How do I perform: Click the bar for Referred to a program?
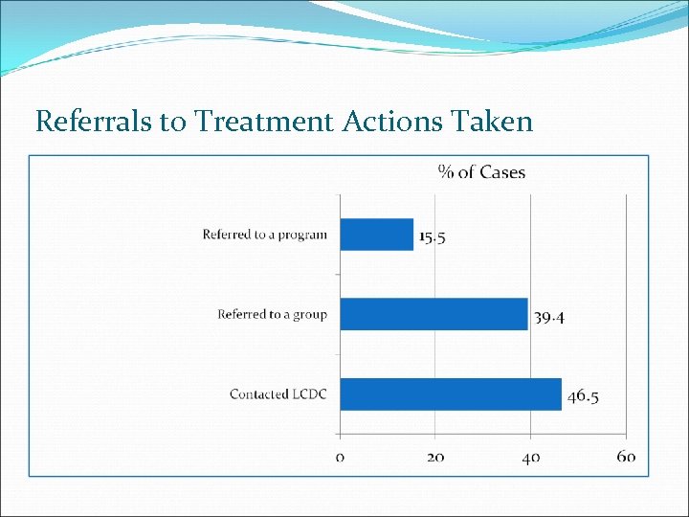point(377,235)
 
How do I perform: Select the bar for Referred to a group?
point(433,314)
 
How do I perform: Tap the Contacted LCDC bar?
point(451,394)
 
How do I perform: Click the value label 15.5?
point(433,237)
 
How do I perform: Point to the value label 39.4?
point(548,317)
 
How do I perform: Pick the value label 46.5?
point(582,396)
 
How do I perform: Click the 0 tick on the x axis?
point(341,457)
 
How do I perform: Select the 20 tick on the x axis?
point(435,457)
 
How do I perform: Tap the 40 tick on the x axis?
point(530,457)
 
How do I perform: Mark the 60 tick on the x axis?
point(626,457)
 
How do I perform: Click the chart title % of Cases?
point(481,172)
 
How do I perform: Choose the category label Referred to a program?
point(264,235)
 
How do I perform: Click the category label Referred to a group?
point(272,314)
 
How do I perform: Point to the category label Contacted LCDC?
point(278,394)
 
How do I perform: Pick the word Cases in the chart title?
point(502,172)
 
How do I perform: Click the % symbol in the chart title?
point(445,172)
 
